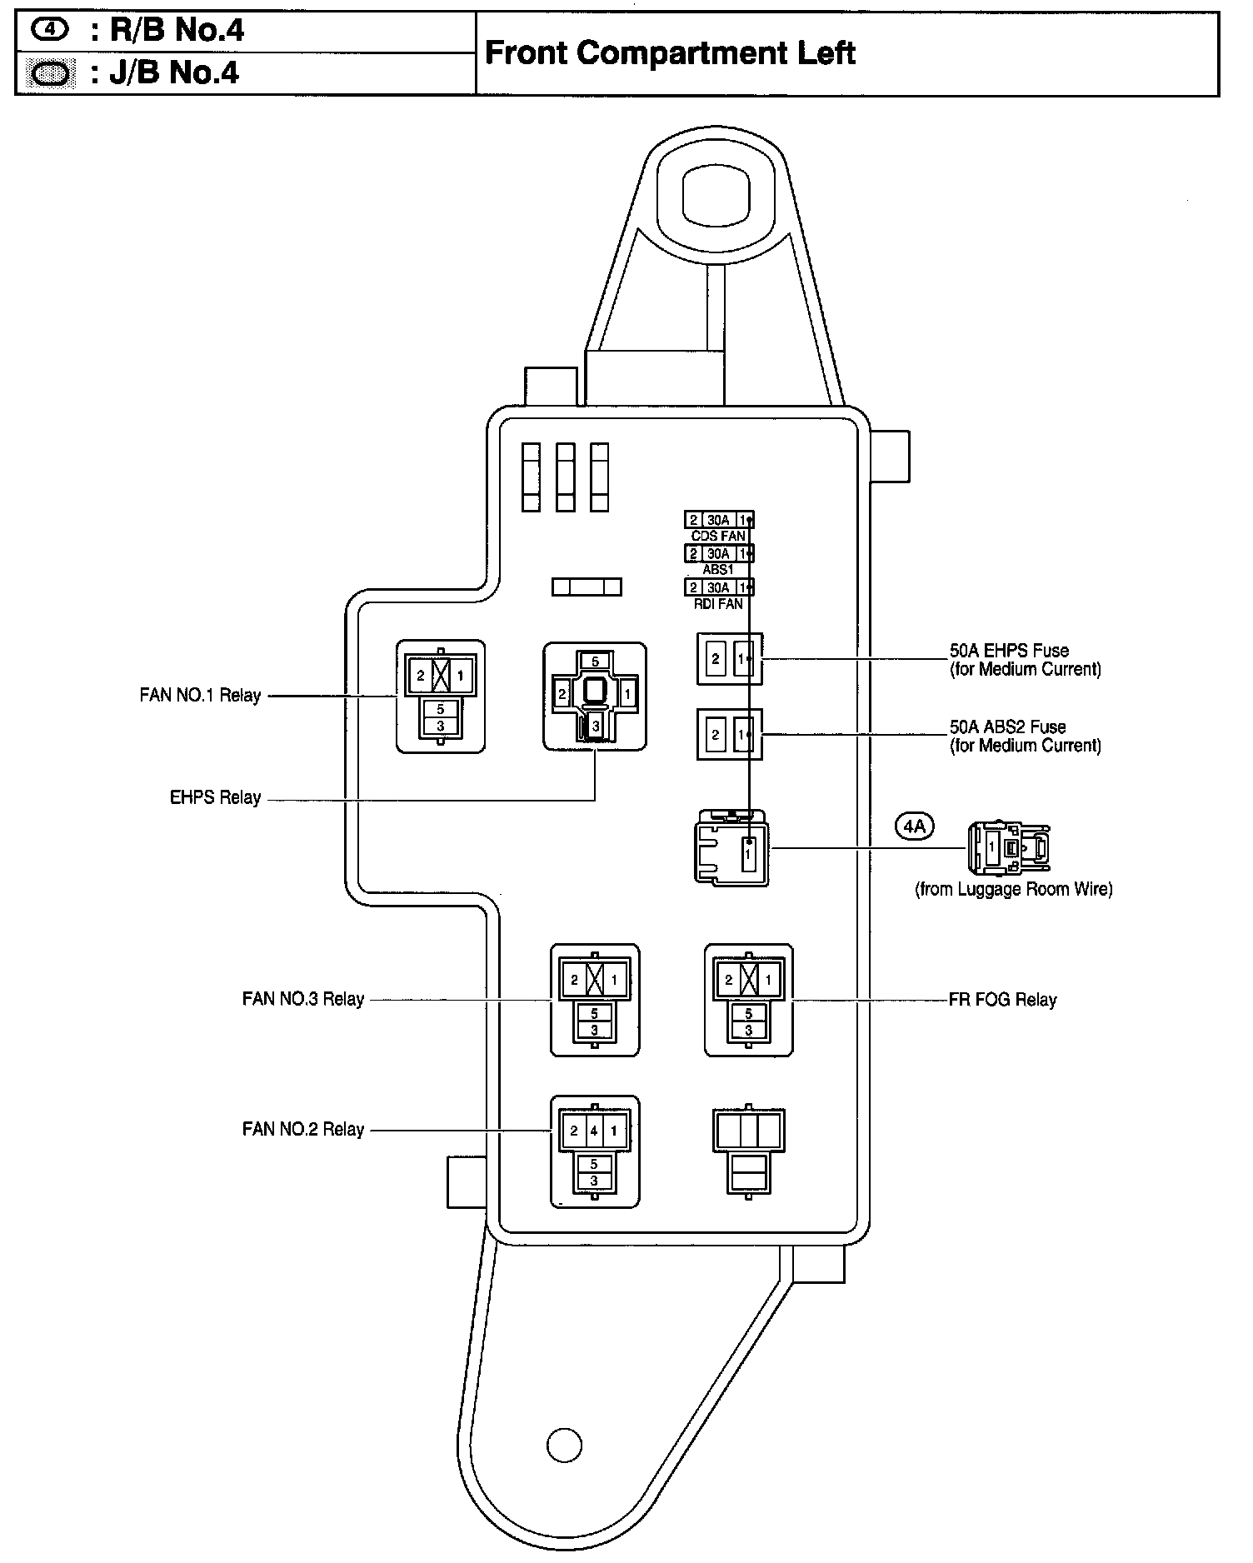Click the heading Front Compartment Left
pos(670,53)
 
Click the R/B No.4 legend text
pos(168,31)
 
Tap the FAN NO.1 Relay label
pos(200,695)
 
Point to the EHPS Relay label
pos(215,797)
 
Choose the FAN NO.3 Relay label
pos(302,998)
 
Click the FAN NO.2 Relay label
pos(302,1129)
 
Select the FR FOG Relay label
pos(1002,999)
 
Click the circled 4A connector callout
pos(914,826)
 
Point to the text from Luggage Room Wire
pos(1013,889)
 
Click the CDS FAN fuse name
pos(718,536)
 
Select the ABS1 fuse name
pos(718,570)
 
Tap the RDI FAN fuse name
pos(718,604)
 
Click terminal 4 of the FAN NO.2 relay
pos(594,1131)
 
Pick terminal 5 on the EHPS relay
pos(595,662)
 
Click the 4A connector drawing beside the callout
pos(1008,847)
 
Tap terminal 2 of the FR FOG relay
pos(729,980)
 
